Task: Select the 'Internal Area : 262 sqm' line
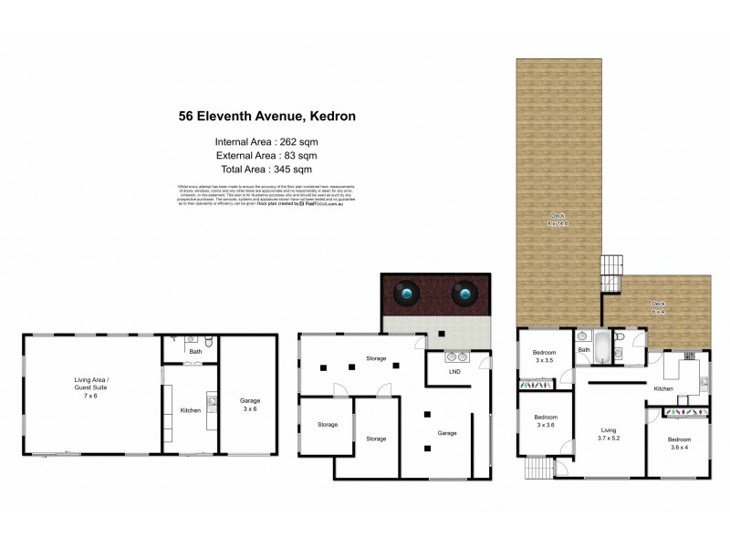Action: coord(266,141)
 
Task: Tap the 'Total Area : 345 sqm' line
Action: coord(266,169)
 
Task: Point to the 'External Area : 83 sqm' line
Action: coord(266,155)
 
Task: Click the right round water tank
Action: coord(466,294)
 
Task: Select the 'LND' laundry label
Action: coord(454,372)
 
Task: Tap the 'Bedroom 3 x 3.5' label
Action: coord(545,356)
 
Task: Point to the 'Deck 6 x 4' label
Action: coord(658,307)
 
